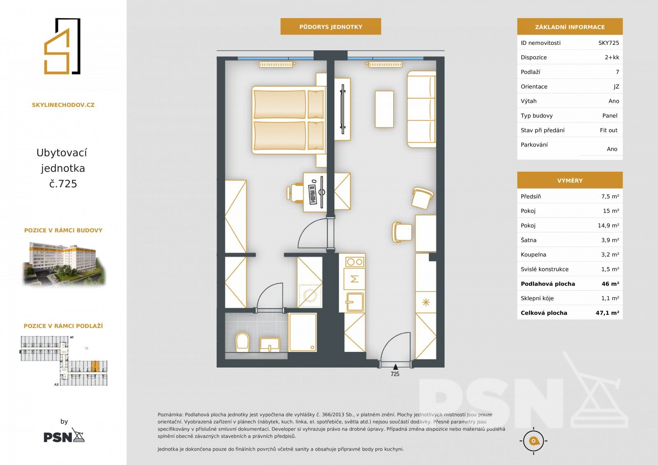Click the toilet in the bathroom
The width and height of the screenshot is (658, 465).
click(242, 342)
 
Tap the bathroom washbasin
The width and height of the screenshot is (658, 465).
click(269, 345)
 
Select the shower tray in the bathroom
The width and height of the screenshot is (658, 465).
click(303, 332)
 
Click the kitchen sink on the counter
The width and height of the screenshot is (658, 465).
click(355, 302)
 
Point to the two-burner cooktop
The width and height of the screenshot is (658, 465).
click(354, 262)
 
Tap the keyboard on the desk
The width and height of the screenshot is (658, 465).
click(312, 194)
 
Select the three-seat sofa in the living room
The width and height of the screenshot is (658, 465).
click(422, 109)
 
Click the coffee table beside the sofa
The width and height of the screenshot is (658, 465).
click(384, 109)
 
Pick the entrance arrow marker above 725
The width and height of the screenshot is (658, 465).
click(395, 367)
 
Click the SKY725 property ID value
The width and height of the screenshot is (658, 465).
click(609, 43)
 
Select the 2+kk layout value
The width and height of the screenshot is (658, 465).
click(612, 57)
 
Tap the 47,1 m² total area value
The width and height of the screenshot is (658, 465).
click(607, 313)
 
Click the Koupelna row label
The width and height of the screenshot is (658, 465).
click(533, 254)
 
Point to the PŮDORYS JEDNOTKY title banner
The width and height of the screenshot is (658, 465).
click(331, 26)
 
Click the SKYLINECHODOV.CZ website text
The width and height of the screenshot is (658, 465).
click(63, 105)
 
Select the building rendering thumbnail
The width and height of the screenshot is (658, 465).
click(64, 264)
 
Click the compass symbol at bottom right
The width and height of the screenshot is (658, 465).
click(533, 441)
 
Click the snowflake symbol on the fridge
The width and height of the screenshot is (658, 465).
click(426, 302)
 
